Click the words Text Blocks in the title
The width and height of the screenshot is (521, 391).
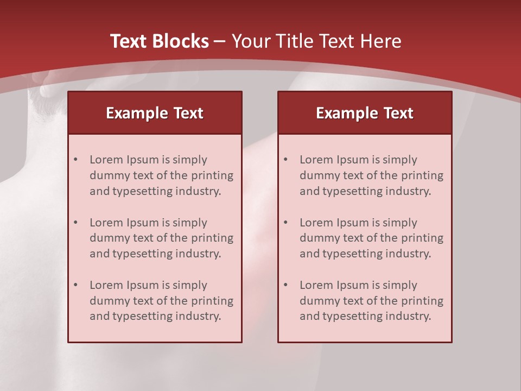pos(160,41)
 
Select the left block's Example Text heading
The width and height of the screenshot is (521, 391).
pos(155,113)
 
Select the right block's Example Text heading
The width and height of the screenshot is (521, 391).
pos(365,113)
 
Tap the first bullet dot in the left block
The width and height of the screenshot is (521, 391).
pos(75,160)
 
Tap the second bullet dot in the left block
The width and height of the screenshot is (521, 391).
pos(75,223)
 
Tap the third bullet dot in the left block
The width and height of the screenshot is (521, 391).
pos(75,285)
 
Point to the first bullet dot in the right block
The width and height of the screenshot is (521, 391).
pos(285,160)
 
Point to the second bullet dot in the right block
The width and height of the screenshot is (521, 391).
pos(285,223)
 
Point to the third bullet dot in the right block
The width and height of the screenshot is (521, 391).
pos(285,285)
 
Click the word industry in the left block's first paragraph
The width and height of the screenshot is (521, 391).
pos(198,191)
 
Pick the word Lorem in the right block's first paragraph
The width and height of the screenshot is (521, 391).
pos(315,160)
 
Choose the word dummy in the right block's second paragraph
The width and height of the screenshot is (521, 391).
pos(318,238)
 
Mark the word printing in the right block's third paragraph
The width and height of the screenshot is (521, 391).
pos(423,301)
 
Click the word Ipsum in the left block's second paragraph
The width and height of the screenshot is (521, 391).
pos(142,223)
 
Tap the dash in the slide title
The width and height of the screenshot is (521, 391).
pos(220,41)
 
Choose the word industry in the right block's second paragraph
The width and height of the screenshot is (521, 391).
pos(408,254)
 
